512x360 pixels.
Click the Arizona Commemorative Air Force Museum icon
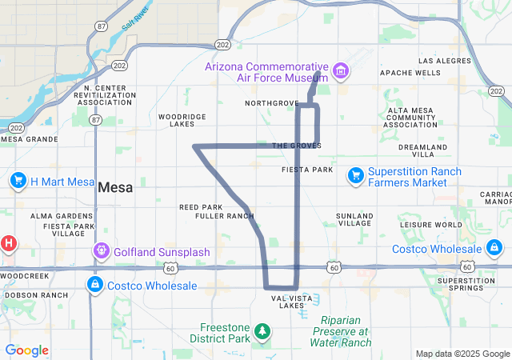pyautogui.click(x=342, y=71)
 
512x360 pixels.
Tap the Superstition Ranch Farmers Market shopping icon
pyautogui.click(x=356, y=174)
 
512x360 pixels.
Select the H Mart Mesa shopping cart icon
pyautogui.click(x=18, y=181)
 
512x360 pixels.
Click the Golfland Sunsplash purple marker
pyautogui.click(x=102, y=252)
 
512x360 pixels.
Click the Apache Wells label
pyautogui.click(x=410, y=73)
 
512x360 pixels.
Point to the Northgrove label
pyautogui.click(x=271, y=104)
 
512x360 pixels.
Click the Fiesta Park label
pyautogui.click(x=307, y=170)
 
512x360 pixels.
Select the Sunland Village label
pyautogui.click(x=354, y=220)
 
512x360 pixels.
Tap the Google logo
pyautogui.click(x=27, y=350)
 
